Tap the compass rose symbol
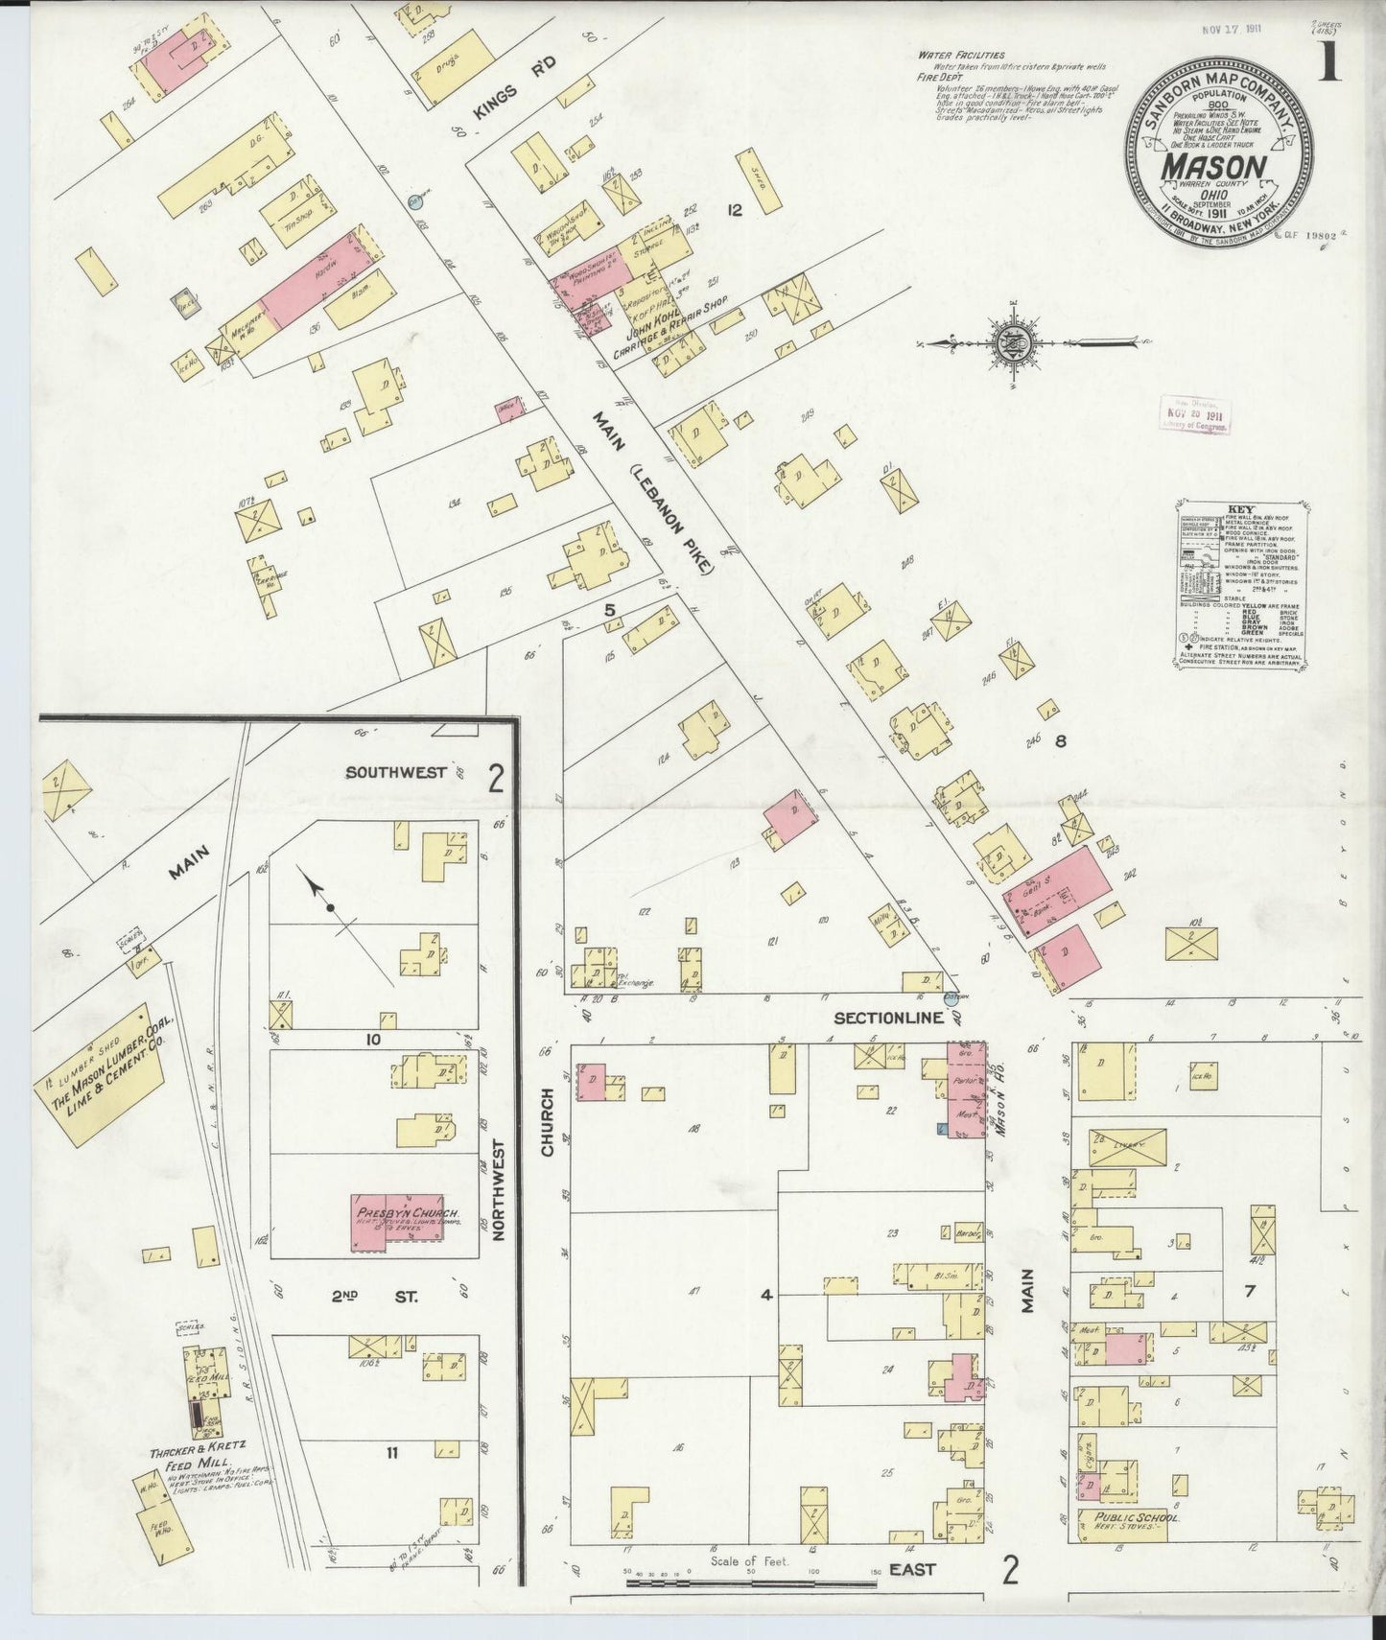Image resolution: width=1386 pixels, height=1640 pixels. coord(1016,341)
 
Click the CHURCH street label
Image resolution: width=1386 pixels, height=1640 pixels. coord(548,1120)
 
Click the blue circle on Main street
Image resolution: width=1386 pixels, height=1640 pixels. coord(414,201)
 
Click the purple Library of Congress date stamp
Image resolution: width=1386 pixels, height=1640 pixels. coord(1194,415)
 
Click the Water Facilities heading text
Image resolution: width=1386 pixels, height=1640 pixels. coord(960,56)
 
